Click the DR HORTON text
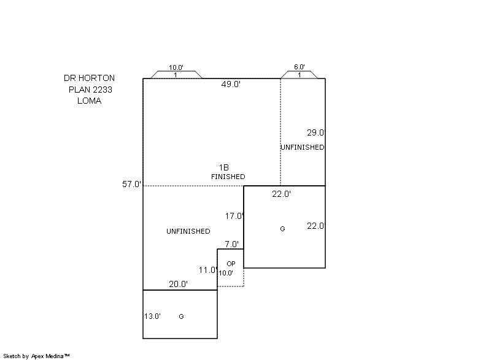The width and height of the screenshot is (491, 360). click(x=89, y=78)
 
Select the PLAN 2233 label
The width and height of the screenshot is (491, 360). click(x=90, y=90)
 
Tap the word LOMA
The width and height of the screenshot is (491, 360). click(x=89, y=101)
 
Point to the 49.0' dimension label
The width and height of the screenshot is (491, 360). click(x=231, y=84)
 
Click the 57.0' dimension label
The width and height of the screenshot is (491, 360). click(x=132, y=184)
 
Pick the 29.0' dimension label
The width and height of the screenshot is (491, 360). click(x=316, y=132)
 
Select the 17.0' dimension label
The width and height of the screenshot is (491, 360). click(x=234, y=216)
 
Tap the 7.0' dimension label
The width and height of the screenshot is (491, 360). click(x=232, y=244)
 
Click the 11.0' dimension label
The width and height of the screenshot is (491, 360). click(x=208, y=270)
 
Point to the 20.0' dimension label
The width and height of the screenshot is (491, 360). click(x=179, y=284)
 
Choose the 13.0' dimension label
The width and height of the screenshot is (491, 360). click(x=152, y=316)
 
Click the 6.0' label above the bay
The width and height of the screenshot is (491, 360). click(x=300, y=67)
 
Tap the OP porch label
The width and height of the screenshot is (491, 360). click(x=231, y=264)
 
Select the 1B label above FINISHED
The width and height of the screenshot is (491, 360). click(x=224, y=167)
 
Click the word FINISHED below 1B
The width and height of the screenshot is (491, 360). click(x=228, y=177)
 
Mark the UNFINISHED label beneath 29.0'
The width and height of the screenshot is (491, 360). click(x=302, y=147)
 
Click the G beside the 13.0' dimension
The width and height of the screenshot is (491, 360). click(x=181, y=316)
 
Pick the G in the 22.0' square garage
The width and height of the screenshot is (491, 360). click(x=282, y=229)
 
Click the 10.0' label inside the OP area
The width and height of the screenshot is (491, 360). click(x=226, y=273)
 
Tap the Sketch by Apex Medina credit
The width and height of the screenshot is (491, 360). click(x=36, y=356)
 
